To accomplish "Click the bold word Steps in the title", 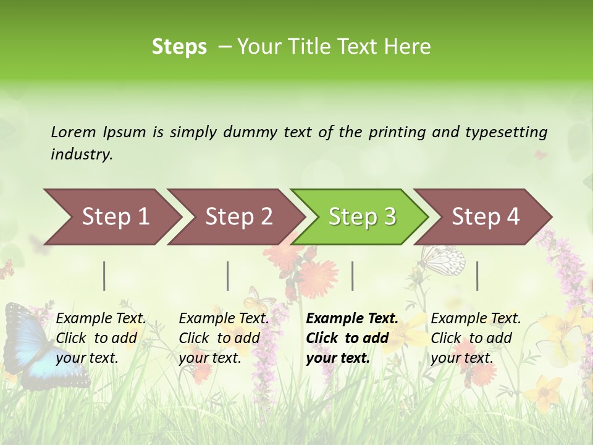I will click(x=179, y=47).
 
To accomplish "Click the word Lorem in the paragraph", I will click(x=74, y=132).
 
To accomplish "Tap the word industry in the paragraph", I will click(x=81, y=154).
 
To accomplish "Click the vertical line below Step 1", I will click(x=104, y=276).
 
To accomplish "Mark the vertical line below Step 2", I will click(x=228, y=276).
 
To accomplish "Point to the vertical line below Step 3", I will click(x=352, y=276).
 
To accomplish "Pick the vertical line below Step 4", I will click(x=477, y=276).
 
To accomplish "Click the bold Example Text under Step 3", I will click(x=352, y=319).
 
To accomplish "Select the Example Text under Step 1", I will click(x=101, y=319).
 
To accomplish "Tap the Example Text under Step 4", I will click(x=476, y=319).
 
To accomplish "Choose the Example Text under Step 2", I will click(x=224, y=319).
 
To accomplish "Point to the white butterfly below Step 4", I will click(x=444, y=260).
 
